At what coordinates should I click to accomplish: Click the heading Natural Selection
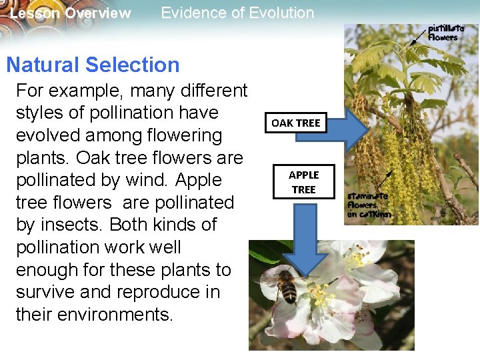93,65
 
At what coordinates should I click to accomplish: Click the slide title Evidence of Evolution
237,13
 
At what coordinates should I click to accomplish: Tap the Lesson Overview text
71,13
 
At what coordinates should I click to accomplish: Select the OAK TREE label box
295,123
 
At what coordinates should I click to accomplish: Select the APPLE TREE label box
303,182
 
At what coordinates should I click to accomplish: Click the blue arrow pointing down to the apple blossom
304,240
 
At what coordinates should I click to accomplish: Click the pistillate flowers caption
443,33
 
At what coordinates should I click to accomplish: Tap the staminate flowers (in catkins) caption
369,205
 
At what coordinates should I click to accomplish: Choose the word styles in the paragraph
41,113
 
